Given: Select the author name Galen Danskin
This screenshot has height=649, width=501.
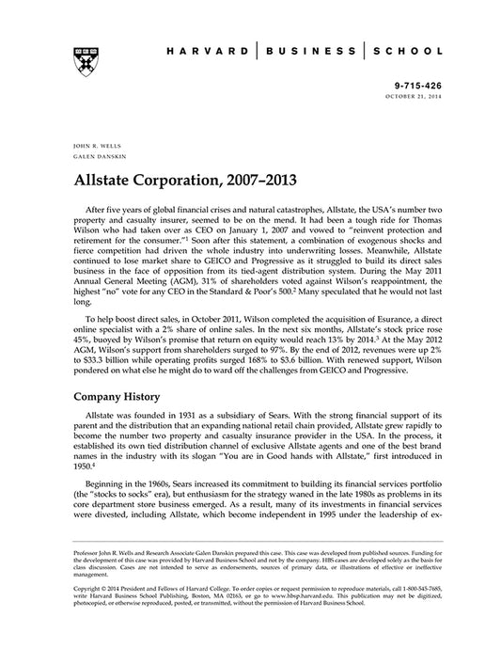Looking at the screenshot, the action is (94, 158).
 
